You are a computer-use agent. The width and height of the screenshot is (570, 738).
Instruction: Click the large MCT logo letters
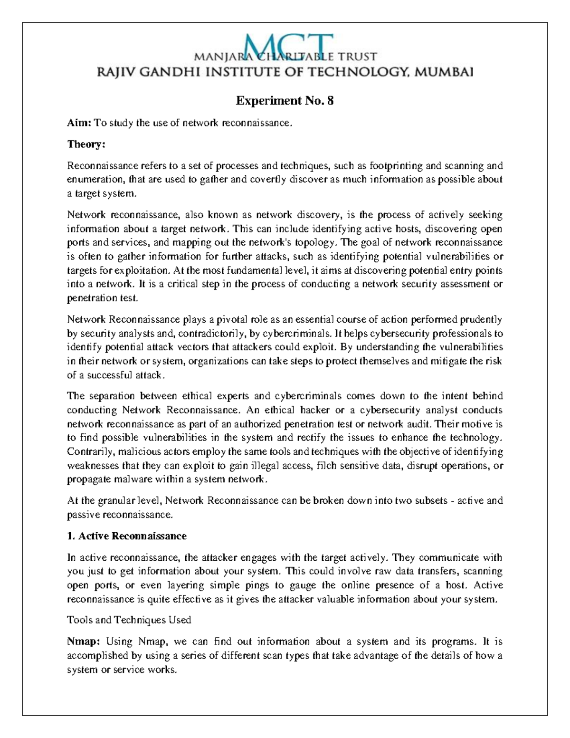tap(285, 47)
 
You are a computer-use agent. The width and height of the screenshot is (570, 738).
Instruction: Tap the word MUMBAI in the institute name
tap(444, 72)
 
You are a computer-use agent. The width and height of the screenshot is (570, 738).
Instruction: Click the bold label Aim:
tap(79, 123)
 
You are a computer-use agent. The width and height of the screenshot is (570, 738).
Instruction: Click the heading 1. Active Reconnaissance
tap(127, 536)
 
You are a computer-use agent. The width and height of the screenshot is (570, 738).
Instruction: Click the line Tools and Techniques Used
tap(129, 620)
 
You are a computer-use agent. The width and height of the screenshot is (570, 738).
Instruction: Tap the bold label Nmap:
tap(84, 642)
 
